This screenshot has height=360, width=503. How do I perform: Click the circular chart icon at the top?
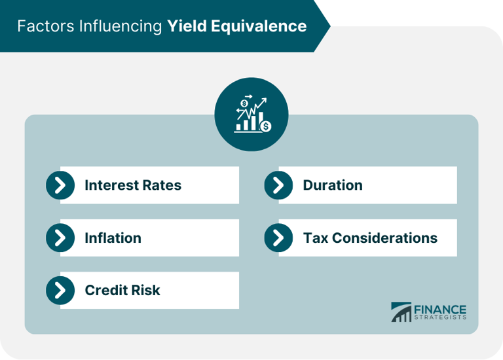tap(251, 115)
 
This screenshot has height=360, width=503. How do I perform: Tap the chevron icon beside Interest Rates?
tap(60, 185)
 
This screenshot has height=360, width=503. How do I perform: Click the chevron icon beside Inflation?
tap(60, 238)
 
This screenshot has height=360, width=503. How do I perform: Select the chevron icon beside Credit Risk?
tap(60, 290)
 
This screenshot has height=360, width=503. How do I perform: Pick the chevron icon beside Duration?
tap(278, 185)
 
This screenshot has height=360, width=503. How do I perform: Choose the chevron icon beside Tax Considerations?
tap(278, 238)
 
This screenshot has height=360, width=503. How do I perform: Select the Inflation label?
tap(113, 238)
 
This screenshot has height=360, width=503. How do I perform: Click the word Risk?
tap(145, 290)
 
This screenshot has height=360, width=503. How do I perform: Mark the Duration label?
tap(332, 185)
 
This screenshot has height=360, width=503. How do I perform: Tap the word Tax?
tap(315, 238)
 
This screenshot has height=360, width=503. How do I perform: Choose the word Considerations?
tap(384, 238)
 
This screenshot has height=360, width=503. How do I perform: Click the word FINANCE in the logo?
tap(439, 309)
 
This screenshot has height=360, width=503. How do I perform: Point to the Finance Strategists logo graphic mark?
tap(401, 312)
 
